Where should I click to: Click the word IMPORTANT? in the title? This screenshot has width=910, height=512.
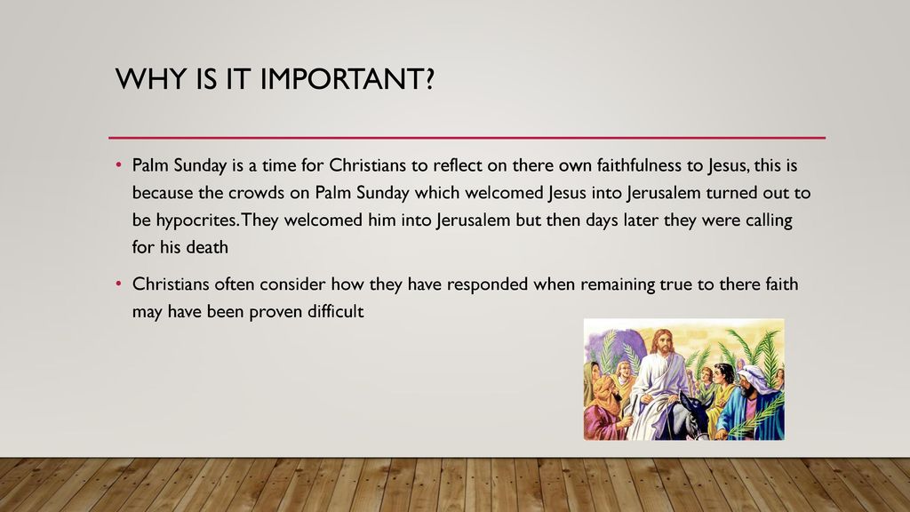click(347, 79)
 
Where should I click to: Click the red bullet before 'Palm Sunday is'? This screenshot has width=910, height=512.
click(119, 165)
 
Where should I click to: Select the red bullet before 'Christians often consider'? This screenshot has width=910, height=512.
click(119, 284)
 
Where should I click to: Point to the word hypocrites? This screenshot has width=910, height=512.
click(196, 221)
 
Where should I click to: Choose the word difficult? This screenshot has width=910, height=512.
click(335, 311)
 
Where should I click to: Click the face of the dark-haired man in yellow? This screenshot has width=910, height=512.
click(723, 376)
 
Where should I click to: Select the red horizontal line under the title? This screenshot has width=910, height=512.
click(467, 138)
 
